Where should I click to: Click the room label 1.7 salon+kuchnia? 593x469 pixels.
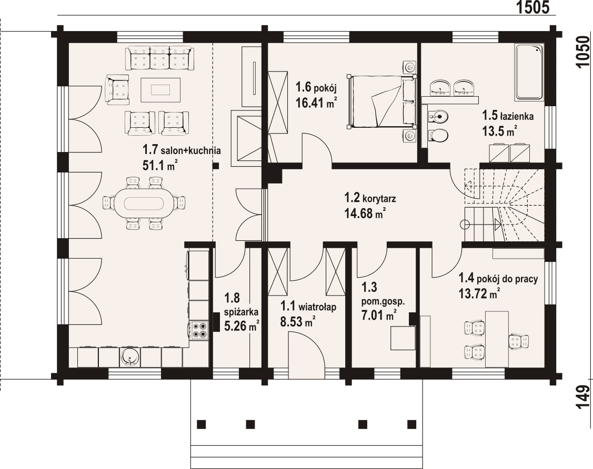[x=182, y=150]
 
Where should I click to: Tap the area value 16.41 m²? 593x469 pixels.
[x=316, y=103]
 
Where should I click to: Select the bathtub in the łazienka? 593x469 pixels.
[x=529, y=72]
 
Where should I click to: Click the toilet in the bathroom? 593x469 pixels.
[x=439, y=135]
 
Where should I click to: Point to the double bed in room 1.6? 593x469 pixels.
[x=382, y=101]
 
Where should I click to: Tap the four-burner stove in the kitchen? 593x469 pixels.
[x=199, y=329]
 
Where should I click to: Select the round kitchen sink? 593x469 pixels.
[x=130, y=358]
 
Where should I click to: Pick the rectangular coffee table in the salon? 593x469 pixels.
[x=160, y=89]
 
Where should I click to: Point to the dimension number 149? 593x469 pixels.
[x=583, y=397]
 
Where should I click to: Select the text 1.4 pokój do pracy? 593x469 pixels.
[x=498, y=279]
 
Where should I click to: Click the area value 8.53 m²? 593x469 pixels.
[x=298, y=322]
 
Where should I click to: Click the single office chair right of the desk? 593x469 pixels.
[x=518, y=341]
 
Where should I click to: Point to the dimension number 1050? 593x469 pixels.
[x=583, y=52]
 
